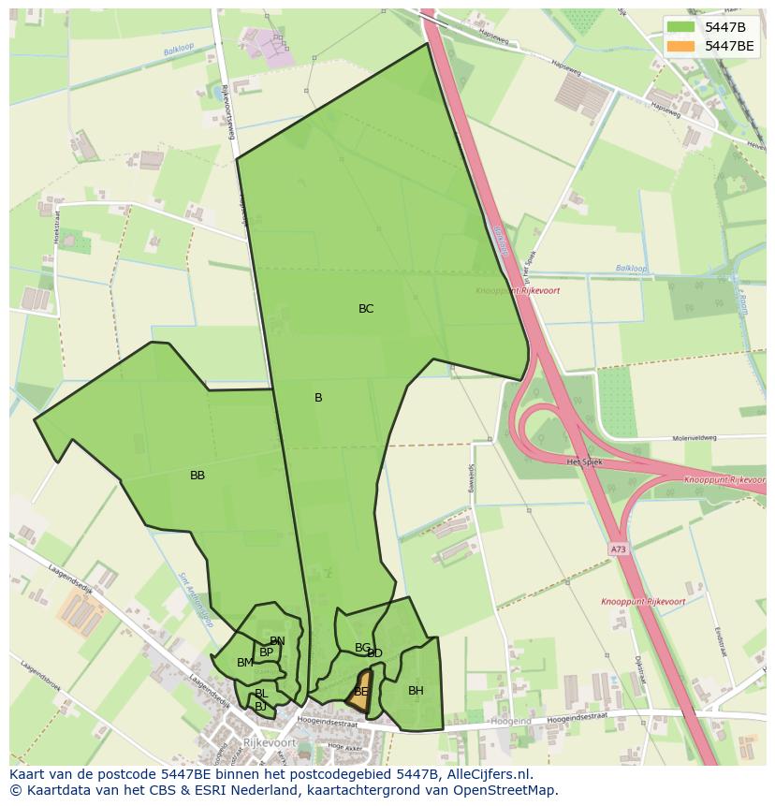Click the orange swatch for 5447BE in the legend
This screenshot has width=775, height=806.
[681, 46]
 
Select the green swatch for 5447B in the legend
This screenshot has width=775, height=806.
[681, 27]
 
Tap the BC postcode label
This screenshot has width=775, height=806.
[366, 309]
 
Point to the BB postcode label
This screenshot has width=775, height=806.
[197, 476]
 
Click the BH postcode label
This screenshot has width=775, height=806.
[416, 691]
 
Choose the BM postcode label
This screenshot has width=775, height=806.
[244, 663]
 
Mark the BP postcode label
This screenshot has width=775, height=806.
[267, 652]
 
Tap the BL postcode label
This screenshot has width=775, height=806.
[261, 694]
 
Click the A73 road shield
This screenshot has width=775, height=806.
[619, 550]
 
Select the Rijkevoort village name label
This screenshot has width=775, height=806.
[269, 742]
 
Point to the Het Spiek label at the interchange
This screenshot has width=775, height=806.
[584, 462]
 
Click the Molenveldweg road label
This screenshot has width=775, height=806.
[695, 438]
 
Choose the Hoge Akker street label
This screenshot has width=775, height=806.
[344, 746]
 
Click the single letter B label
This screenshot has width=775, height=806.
[318, 398]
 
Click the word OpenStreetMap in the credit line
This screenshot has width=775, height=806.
[512, 790]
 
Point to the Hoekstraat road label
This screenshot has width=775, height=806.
[58, 228]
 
